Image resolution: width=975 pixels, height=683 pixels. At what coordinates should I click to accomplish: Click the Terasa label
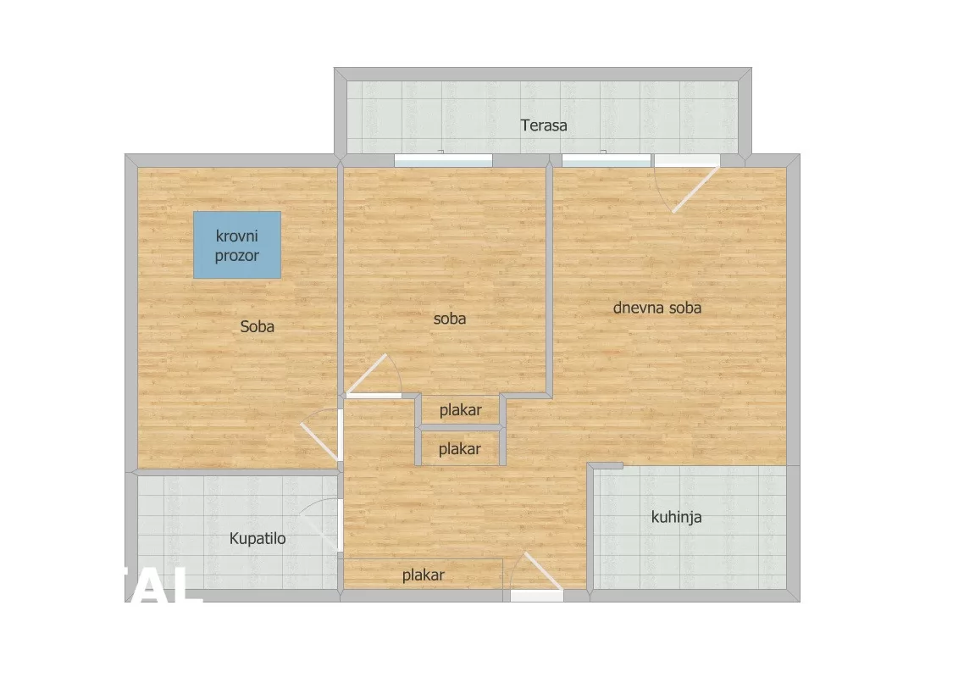(x=543, y=126)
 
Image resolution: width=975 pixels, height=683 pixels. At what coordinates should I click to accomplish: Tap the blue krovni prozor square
(x=237, y=244)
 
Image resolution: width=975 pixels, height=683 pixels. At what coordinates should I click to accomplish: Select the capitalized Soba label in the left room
(x=257, y=326)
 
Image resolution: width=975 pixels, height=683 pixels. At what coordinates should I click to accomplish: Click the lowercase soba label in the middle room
(x=449, y=319)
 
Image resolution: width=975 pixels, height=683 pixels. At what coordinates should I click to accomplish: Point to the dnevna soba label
(x=656, y=308)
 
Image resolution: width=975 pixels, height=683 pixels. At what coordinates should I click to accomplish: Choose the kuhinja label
(x=675, y=517)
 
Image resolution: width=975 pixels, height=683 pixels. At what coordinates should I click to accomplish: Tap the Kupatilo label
(x=258, y=539)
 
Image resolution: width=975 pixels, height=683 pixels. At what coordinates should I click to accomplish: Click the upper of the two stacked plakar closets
(x=460, y=411)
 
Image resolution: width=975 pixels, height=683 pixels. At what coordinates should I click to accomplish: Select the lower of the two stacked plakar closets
(x=459, y=449)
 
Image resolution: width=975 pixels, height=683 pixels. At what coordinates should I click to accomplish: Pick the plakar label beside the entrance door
(x=423, y=575)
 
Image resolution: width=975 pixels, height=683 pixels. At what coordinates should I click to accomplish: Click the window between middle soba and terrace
(x=443, y=160)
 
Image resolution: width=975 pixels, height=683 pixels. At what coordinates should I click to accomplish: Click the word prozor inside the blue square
(x=236, y=255)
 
